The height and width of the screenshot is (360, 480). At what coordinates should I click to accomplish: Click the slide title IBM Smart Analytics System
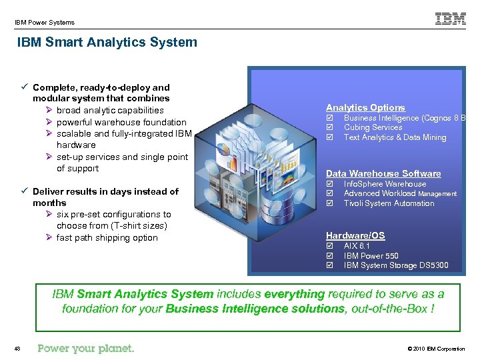point(107,43)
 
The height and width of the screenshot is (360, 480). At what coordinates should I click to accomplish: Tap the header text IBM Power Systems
point(45,23)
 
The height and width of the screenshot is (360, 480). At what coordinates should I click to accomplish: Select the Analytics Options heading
point(365,107)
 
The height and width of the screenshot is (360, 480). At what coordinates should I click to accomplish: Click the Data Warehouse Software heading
point(383,173)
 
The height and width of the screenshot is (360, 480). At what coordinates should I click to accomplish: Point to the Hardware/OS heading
point(355,235)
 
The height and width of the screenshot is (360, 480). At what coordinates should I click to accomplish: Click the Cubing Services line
point(373,127)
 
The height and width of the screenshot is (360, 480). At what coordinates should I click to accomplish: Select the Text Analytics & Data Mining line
point(395,137)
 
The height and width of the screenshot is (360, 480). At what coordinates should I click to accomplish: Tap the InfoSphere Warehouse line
point(385,184)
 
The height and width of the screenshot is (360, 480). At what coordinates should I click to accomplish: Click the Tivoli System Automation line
point(389,203)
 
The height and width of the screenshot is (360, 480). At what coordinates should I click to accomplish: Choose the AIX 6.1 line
point(356,246)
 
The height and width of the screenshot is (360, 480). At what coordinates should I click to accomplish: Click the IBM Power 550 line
point(371,256)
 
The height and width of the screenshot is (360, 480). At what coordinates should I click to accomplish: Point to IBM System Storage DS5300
point(396,265)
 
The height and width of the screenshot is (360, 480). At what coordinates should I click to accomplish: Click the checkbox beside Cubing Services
point(329,127)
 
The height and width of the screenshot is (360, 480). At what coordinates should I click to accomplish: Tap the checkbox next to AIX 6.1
point(329,246)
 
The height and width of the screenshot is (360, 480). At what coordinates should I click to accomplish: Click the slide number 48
point(17,349)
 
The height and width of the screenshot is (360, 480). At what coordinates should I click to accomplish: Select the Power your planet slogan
point(86,348)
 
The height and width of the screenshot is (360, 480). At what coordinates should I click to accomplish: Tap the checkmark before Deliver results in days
point(24,191)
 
